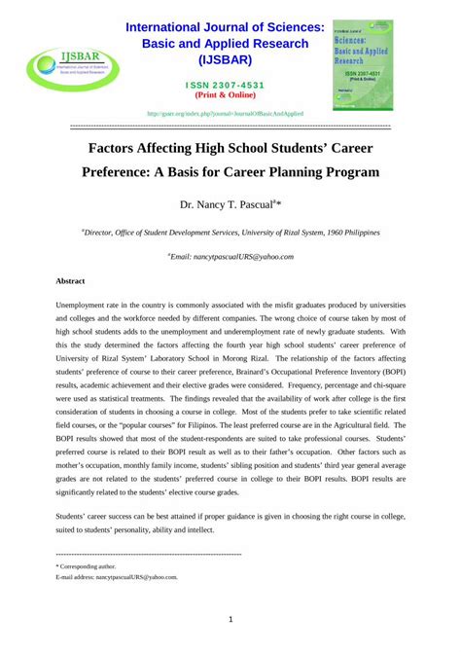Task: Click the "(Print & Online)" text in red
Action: coord(230,95)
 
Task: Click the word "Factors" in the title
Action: coord(120,151)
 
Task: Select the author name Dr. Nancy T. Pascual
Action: coord(230,205)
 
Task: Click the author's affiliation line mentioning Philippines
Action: coord(230,234)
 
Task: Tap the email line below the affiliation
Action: coord(230,257)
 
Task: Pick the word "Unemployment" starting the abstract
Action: coord(82,305)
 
